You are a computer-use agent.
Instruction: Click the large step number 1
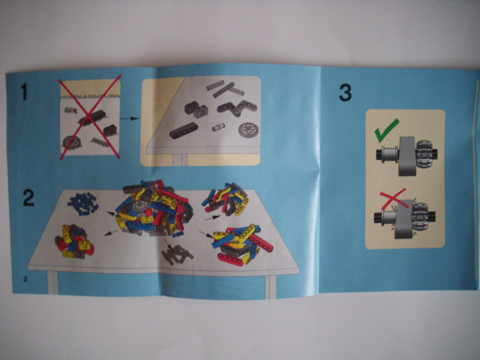[24, 92]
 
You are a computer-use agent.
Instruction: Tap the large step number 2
[29, 197]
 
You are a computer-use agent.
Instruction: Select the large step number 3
[345, 93]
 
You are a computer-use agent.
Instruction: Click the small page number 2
[25, 279]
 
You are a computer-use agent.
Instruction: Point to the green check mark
[386, 130]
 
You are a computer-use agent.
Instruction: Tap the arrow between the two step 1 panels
[129, 118]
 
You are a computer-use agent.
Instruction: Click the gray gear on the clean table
[248, 130]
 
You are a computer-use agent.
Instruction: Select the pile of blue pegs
[82, 203]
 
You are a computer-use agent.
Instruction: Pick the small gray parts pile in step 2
[177, 254]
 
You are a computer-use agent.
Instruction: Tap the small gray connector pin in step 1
[218, 127]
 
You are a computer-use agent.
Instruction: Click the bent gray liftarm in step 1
[237, 108]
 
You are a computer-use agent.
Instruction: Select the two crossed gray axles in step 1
[225, 88]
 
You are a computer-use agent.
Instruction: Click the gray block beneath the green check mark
[407, 156]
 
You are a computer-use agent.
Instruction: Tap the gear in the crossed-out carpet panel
[72, 142]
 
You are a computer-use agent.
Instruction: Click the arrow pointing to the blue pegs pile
[111, 213]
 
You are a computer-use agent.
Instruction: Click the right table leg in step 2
[271, 286]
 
